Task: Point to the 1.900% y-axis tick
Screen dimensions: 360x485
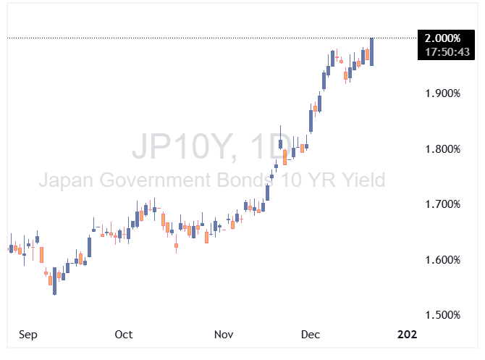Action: [x=443, y=93]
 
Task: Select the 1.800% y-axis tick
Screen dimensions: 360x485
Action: [x=443, y=149]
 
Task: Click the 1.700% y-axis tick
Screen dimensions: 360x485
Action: [x=443, y=204]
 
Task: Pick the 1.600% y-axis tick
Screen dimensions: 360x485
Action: [x=443, y=259]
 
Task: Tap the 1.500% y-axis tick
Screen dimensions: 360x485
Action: [x=443, y=314]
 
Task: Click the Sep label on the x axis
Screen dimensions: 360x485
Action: [x=28, y=335]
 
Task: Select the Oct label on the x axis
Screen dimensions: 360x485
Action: [x=124, y=335]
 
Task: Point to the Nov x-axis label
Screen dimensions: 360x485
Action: [x=224, y=335]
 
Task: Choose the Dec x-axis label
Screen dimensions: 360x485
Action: [x=311, y=335]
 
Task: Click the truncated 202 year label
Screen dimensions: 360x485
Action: [x=408, y=335]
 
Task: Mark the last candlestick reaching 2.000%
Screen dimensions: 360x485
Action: [x=371, y=52]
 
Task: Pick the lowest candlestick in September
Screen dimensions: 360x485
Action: [x=54, y=281]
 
